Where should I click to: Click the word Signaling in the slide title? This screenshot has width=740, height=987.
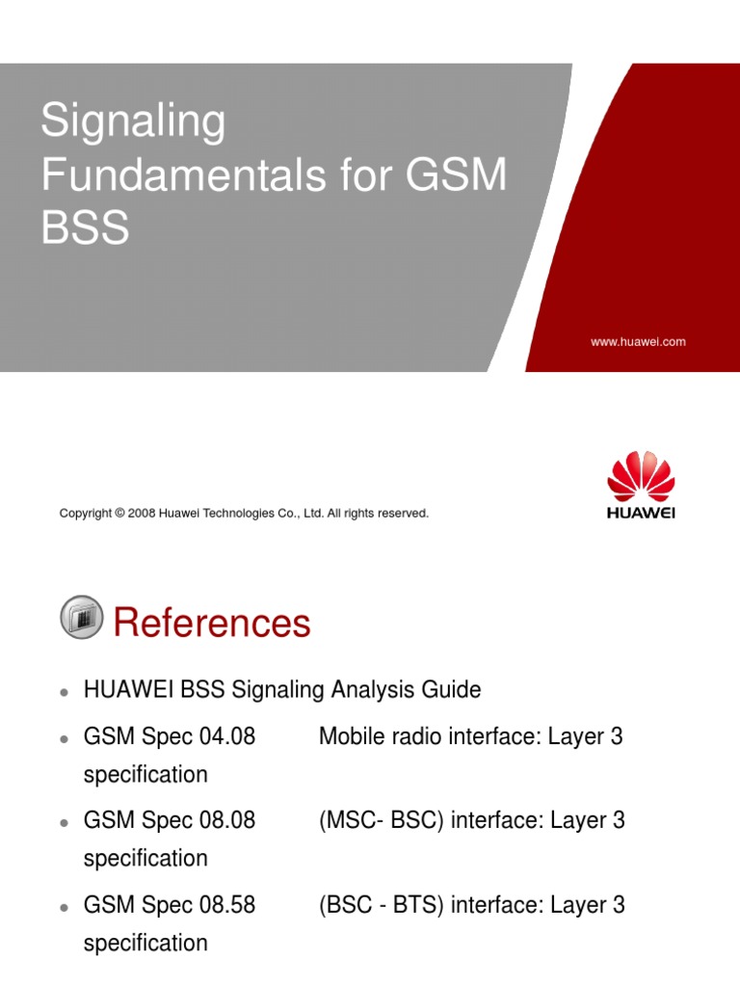(x=132, y=123)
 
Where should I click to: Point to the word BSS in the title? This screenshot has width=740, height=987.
(x=85, y=230)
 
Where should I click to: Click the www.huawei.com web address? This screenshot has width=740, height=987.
(x=638, y=342)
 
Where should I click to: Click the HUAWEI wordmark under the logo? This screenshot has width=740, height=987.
(x=641, y=512)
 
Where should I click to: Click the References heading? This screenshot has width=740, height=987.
(x=212, y=623)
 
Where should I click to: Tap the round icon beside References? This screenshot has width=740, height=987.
(x=81, y=618)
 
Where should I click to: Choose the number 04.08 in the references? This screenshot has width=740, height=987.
(x=226, y=737)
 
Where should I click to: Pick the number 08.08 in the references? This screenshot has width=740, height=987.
(x=226, y=821)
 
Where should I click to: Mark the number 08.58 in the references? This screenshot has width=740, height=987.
(x=226, y=905)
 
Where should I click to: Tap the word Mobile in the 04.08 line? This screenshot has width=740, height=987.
(x=352, y=737)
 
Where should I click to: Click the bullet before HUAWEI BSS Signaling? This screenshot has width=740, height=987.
(x=63, y=692)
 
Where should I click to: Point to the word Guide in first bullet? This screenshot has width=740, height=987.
(x=451, y=690)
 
